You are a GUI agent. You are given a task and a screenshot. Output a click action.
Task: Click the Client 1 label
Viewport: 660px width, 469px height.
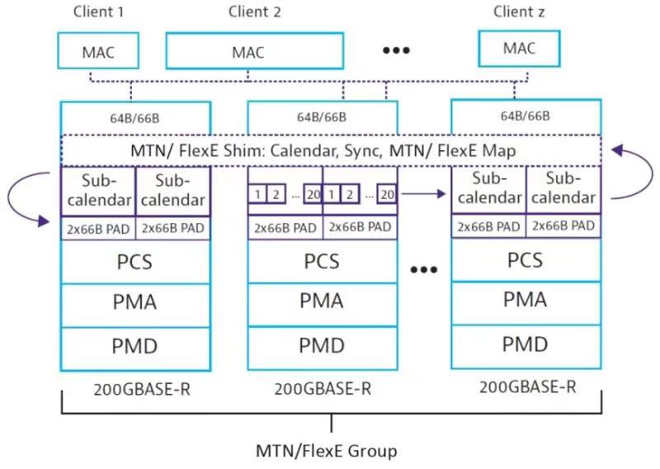coord(98,12)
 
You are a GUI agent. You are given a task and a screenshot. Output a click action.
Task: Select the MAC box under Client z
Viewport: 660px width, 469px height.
coord(519,49)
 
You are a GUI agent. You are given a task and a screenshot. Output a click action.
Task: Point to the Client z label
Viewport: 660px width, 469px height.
coord(519,11)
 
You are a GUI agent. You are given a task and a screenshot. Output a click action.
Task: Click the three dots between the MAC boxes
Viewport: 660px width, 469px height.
coord(396,50)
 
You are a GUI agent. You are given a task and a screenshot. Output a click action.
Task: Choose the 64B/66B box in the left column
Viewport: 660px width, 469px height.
coord(135,116)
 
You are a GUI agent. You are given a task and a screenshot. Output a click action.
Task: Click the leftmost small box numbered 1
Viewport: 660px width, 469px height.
coord(258,195)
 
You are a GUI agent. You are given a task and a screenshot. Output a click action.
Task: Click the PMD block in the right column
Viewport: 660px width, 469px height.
coord(526,343)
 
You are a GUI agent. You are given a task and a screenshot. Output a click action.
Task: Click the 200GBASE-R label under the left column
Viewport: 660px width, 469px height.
coord(135,387)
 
